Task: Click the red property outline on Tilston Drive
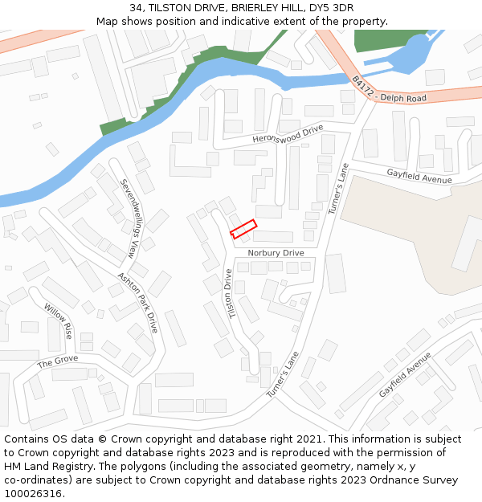click(243, 229)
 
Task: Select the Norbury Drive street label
click(276, 253)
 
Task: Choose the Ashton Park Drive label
click(137, 303)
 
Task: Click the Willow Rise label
click(58, 320)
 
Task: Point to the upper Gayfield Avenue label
click(419, 175)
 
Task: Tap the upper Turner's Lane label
click(338, 189)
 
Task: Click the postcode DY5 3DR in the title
click(332, 7)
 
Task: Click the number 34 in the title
click(136, 7)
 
